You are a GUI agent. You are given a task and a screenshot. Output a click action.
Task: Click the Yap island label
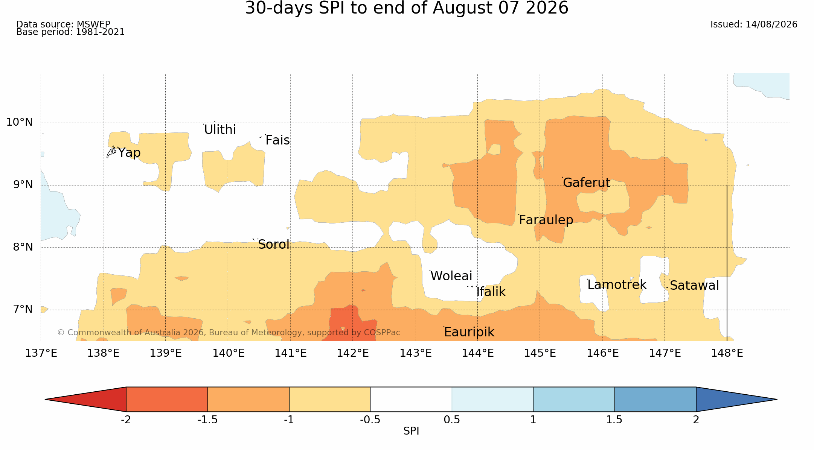(x=129, y=153)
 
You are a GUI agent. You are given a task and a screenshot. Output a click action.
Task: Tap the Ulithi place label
(x=220, y=130)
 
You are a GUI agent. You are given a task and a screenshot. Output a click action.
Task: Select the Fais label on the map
(x=277, y=140)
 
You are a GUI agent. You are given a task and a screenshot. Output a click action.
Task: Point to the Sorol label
(x=274, y=245)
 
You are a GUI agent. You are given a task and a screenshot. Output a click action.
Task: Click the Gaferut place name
(x=586, y=183)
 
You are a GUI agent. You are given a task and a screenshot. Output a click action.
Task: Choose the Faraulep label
(x=546, y=220)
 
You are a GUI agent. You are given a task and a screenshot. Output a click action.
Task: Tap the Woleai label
(x=451, y=276)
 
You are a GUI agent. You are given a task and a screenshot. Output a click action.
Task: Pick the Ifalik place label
(x=491, y=292)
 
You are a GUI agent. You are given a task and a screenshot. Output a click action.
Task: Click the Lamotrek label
(x=617, y=285)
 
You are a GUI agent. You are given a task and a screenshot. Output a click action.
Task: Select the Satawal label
(x=694, y=286)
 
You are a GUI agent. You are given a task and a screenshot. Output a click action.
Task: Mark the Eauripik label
(x=469, y=332)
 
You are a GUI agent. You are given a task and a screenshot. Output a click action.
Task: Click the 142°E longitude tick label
(x=353, y=353)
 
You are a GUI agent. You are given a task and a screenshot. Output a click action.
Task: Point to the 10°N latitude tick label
(x=20, y=122)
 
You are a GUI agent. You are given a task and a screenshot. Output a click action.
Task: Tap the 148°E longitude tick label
(x=727, y=353)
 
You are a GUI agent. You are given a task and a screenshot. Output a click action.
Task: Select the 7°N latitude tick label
(x=23, y=309)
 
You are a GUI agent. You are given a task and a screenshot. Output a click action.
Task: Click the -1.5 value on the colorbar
(x=207, y=420)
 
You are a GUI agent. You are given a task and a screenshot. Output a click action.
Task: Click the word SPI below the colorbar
(x=411, y=431)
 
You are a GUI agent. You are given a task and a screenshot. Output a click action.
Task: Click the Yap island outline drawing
(x=111, y=152)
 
